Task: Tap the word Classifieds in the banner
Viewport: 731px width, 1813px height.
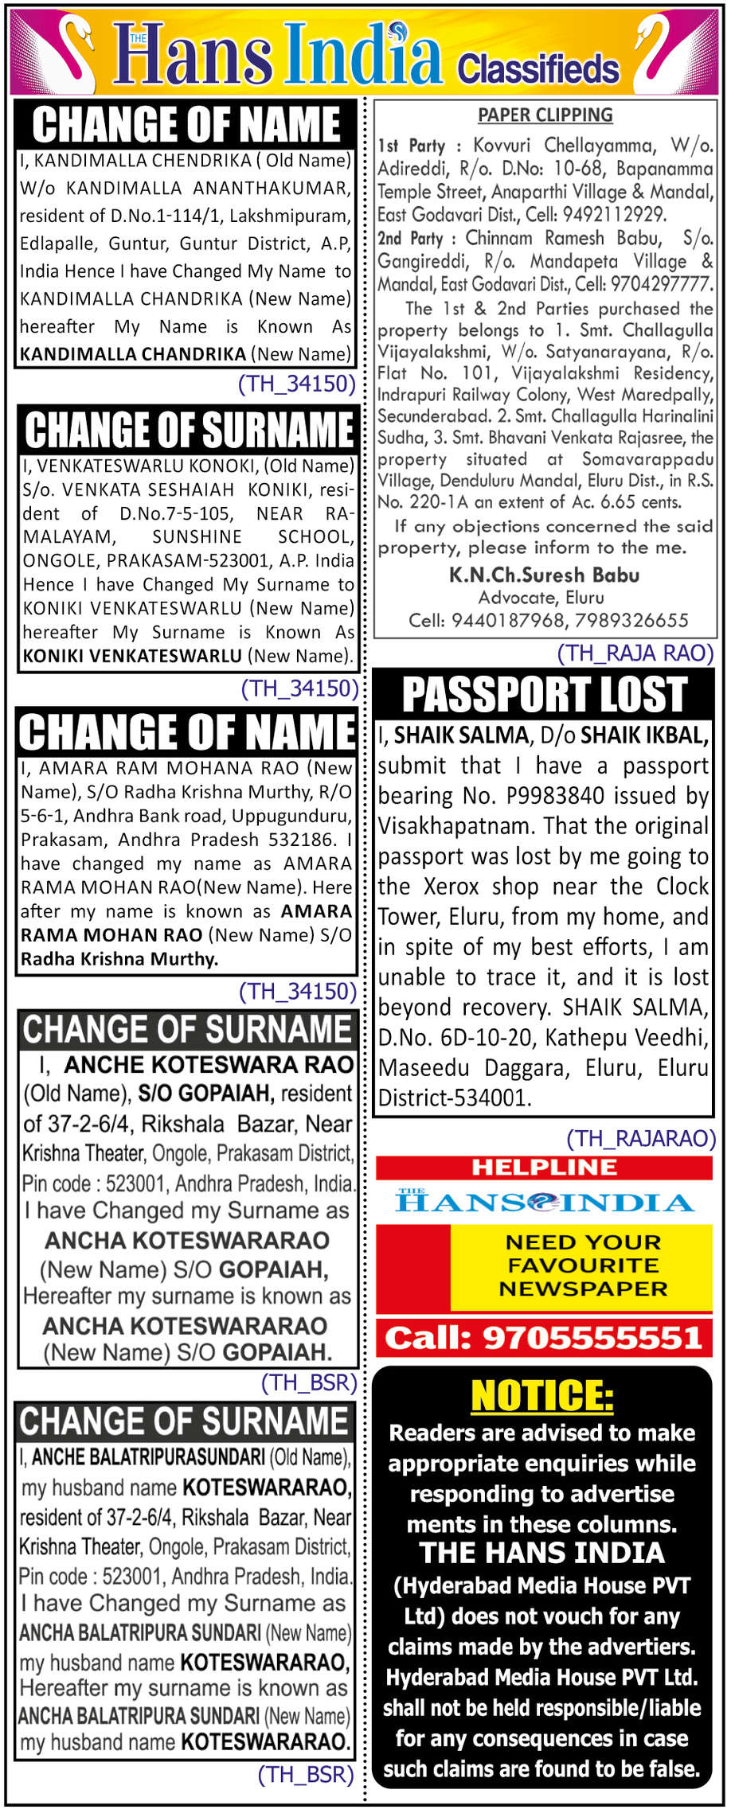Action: click(x=538, y=69)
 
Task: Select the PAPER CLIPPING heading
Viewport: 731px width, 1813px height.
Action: click(x=545, y=115)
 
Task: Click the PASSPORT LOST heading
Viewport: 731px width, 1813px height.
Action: click(x=545, y=694)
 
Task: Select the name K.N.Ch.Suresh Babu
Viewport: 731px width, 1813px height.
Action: click(x=545, y=575)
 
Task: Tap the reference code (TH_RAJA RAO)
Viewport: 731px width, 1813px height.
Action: click(x=635, y=653)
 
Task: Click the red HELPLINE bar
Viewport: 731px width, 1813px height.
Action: click(x=544, y=1168)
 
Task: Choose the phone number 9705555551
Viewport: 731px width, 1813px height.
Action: click(x=592, y=1338)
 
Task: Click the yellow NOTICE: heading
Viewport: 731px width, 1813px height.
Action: click(x=542, y=1395)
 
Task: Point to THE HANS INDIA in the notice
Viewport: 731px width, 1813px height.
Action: click(x=542, y=1553)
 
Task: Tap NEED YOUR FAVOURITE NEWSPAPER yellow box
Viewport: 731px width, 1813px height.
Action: click(x=582, y=1265)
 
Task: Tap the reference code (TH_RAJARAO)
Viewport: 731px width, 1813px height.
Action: click(x=641, y=1138)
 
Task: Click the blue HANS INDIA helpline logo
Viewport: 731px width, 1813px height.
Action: click(x=545, y=1202)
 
